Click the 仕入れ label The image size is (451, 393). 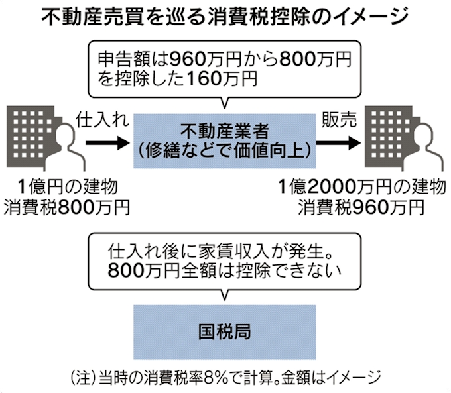click(x=100, y=119)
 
